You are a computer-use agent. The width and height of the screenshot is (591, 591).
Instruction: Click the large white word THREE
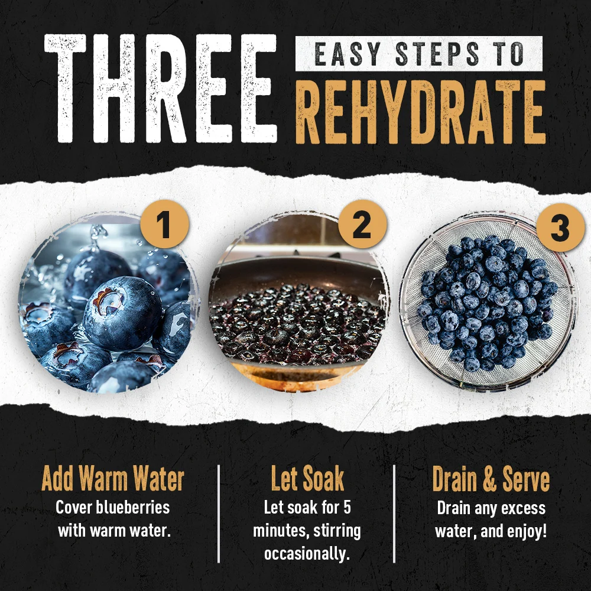(161, 89)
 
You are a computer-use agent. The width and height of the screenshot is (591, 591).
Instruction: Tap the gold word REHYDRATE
(420, 112)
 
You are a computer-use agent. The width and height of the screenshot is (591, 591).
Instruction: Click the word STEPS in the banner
(437, 54)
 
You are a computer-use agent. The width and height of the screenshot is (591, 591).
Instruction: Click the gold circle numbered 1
(164, 224)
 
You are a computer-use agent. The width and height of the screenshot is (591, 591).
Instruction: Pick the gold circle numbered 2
(362, 224)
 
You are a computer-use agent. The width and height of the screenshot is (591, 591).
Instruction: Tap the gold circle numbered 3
(560, 228)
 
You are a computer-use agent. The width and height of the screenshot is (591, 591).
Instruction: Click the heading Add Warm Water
(113, 479)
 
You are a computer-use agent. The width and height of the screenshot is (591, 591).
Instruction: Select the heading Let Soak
(307, 479)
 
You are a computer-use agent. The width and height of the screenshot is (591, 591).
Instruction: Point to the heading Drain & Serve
(491, 479)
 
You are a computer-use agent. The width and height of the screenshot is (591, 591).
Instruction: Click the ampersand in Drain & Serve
(489, 479)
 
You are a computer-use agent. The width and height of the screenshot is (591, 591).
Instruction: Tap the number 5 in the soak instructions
(347, 507)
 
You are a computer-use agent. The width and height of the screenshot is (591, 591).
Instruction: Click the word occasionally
(307, 554)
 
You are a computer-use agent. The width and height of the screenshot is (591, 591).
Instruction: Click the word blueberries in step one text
(132, 507)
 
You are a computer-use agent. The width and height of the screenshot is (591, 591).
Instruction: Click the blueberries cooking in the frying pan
(298, 324)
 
